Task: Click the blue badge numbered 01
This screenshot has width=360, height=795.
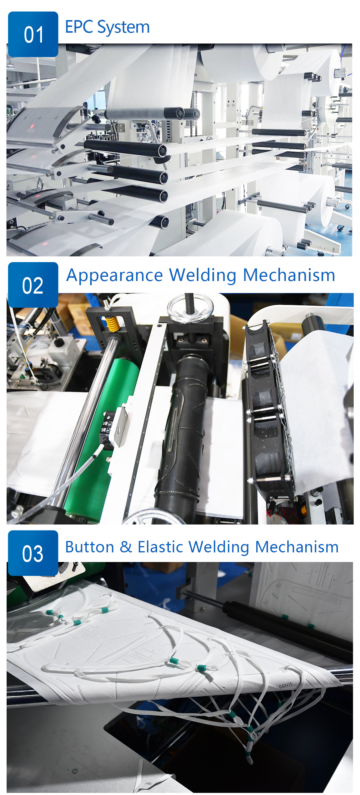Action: [x=33, y=34]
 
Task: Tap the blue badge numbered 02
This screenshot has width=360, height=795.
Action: [x=33, y=285]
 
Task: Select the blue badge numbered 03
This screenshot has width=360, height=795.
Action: [x=33, y=553]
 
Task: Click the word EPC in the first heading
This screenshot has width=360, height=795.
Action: [x=79, y=27]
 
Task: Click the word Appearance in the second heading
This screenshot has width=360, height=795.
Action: [x=115, y=276]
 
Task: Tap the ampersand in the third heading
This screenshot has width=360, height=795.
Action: [x=126, y=547]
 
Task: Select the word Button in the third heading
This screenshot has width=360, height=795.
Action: [x=90, y=547]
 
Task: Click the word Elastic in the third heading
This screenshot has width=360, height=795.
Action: [x=160, y=547]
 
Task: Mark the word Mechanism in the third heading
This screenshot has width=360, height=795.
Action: [x=297, y=547]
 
